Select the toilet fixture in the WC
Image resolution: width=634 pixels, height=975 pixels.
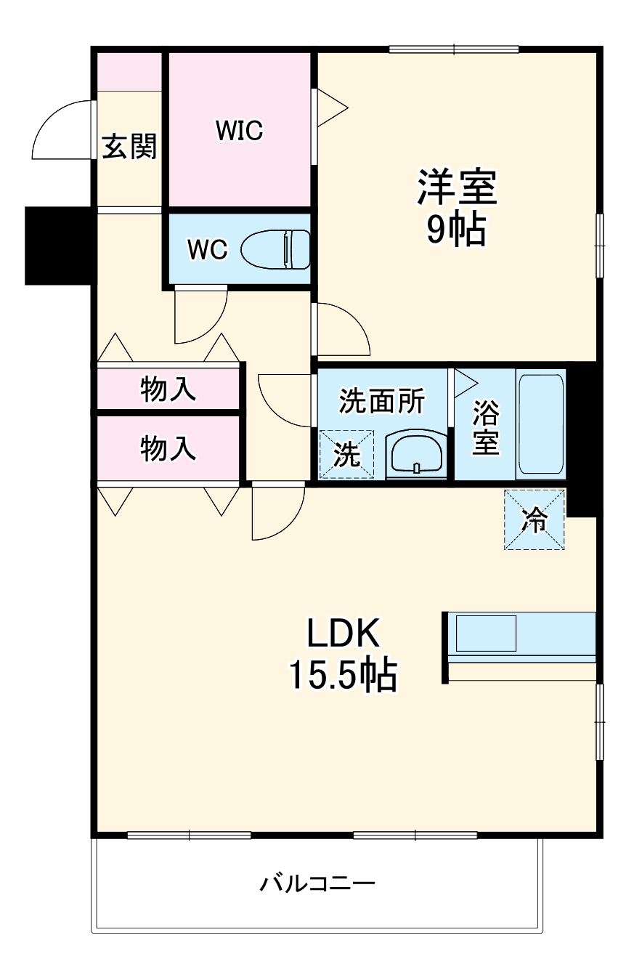coord(276,249)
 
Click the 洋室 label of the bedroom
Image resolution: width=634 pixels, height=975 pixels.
coord(456,188)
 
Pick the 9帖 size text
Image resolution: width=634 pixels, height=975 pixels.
coord(456,230)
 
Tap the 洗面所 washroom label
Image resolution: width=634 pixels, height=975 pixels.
coord(382,400)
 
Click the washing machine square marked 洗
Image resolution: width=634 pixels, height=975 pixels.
coord(347,454)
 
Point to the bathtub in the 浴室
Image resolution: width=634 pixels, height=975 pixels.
coord(541,424)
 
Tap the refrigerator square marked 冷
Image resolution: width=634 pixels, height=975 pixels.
coord(535,519)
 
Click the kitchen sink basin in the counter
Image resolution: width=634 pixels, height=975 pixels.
coord(484,634)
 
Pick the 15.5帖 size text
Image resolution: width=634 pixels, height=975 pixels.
coord(344,676)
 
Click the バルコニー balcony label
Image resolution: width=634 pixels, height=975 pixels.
coord(317,883)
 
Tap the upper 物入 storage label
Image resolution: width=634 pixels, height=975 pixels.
coord(168,390)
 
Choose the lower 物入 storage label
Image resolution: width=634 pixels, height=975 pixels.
coord(168,448)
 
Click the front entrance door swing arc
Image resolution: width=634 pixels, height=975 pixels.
coord(62,131)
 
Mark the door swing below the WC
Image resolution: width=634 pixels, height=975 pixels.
coord(200,316)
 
